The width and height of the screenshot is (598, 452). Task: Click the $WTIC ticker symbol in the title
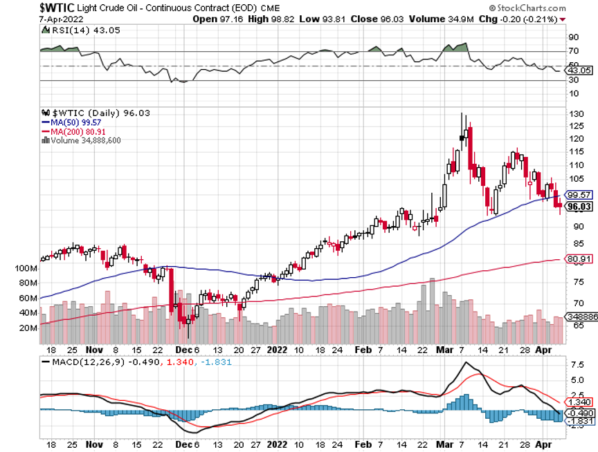pos(22,7)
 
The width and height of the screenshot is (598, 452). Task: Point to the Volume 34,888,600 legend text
pos(82,140)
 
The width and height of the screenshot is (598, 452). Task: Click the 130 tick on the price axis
pos(574,113)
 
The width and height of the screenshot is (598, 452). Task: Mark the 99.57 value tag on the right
pos(579,195)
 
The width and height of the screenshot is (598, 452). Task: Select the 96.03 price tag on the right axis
pos(579,205)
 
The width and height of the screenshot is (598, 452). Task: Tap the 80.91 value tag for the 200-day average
pos(579,260)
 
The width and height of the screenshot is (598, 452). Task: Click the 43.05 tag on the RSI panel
pos(579,70)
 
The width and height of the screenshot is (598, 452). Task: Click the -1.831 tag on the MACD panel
pos(579,422)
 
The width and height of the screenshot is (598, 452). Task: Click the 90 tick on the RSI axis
pos(573,37)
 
